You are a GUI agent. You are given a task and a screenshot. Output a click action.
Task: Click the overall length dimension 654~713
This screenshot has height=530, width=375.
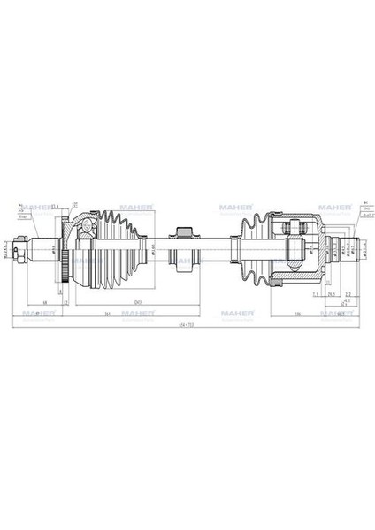tap(185, 324)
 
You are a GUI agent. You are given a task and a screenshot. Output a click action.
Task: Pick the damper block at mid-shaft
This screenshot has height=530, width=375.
tap(185, 246)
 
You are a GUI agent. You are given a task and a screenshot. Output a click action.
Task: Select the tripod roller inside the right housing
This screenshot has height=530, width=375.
tap(296, 232)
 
